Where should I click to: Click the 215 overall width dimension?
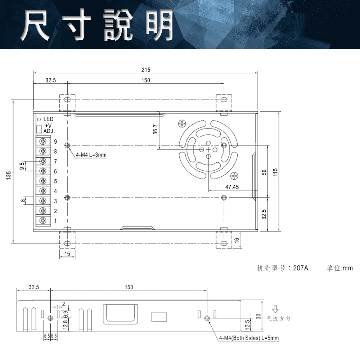point(146,69)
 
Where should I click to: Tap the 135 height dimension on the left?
point(9,175)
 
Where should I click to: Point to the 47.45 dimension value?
point(232,187)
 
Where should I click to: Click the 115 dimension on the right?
point(274,172)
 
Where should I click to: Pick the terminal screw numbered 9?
point(44,141)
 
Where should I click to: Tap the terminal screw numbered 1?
point(44,220)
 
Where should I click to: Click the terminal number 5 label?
point(55,181)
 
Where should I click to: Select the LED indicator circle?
point(39,119)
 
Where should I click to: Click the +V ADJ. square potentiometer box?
point(39,129)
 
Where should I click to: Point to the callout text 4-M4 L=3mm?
point(91,155)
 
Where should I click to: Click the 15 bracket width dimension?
point(67,254)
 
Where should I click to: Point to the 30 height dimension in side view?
point(258,316)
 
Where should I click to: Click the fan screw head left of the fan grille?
point(182,124)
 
